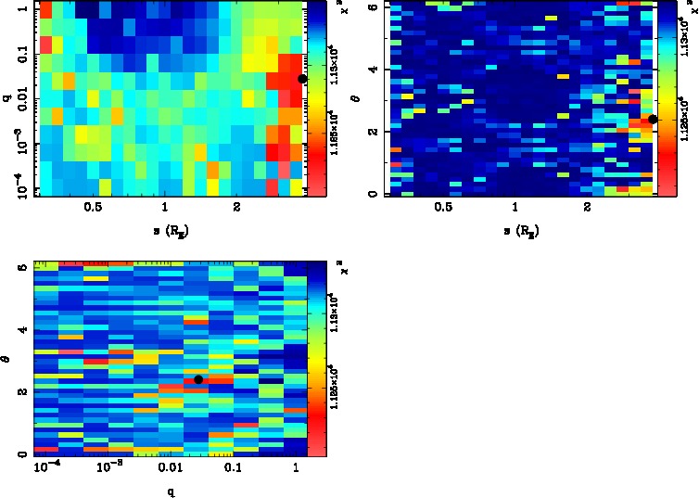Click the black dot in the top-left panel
302,79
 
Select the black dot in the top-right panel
653,119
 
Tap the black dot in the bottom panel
198,379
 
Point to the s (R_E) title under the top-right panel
520,230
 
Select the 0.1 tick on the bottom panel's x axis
232,468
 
